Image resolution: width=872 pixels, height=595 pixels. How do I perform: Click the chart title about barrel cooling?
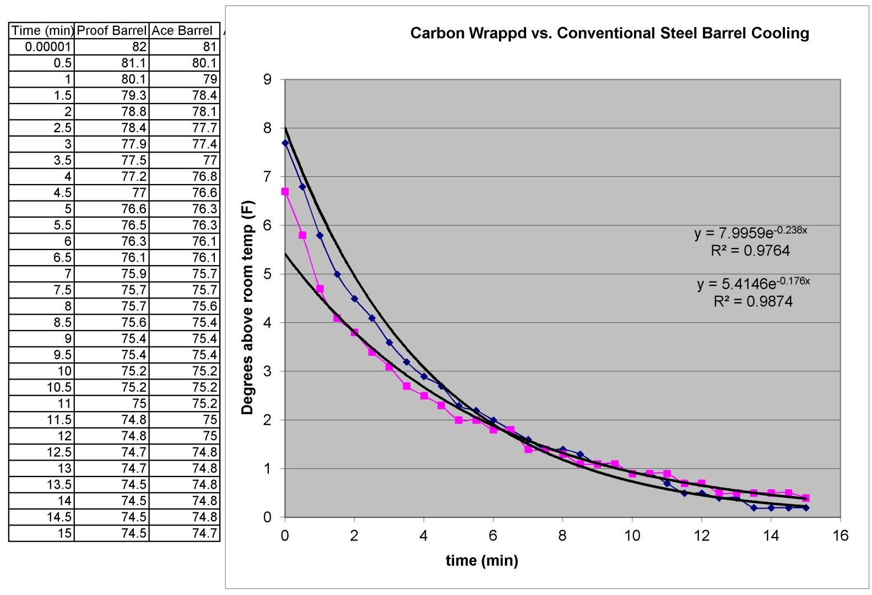tap(609, 33)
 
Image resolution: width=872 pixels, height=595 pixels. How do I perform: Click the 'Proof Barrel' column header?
tap(112, 30)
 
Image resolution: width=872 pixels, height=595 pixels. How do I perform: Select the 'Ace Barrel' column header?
tap(182, 30)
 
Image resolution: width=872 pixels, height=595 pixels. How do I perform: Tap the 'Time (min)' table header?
tap(41, 30)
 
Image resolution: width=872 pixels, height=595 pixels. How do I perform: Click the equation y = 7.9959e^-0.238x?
tap(750, 232)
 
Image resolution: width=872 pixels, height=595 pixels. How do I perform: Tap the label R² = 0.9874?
tap(753, 301)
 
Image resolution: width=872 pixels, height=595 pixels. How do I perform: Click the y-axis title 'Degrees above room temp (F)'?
tap(247, 307)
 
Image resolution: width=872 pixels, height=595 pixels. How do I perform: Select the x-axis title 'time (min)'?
tap(481, 560)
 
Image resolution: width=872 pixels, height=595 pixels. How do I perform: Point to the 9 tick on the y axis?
tap(267, 79)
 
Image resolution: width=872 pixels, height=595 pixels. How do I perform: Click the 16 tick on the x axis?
tap(840, 535)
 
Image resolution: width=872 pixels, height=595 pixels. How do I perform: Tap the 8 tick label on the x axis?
tap(562, 535)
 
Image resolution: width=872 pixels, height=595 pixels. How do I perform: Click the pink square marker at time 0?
tap(285, 192)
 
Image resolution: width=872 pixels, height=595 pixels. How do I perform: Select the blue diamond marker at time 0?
tap(285, 143)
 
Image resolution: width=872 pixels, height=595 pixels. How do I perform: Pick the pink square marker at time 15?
tap(806, 498)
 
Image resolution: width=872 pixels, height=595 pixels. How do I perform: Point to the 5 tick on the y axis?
tap(267, 274)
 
